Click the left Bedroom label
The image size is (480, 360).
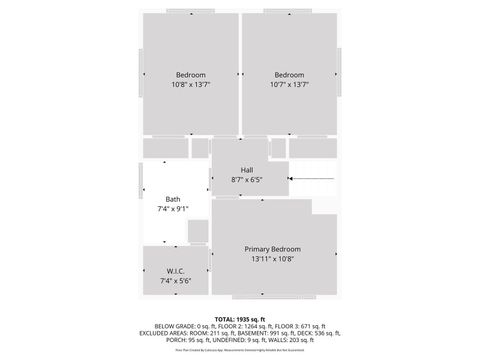191,75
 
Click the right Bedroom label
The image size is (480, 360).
289,75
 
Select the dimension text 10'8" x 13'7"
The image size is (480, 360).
191,85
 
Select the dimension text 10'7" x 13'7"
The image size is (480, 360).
289,85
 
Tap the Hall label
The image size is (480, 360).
246,170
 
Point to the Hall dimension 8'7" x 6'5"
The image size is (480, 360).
246,180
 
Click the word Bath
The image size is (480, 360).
173,199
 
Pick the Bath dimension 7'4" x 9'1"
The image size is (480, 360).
173,209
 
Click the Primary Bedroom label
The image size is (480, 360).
273,249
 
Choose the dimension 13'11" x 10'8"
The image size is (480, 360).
273,259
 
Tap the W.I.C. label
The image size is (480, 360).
175,271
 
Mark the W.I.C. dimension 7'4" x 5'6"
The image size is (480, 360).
175,281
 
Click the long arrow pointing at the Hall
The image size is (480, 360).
315,179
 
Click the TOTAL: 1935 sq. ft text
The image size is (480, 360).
239,317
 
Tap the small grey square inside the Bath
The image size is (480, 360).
198,232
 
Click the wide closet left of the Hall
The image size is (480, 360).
165,148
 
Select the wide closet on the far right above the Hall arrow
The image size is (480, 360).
313,148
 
